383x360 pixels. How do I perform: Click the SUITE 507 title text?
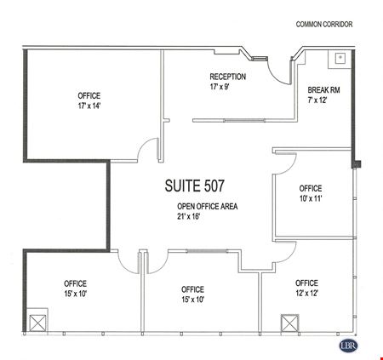(x=195, y=186)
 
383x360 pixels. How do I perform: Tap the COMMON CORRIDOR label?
(x=324, y=25)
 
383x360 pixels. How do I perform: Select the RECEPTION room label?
(x=228, y=77)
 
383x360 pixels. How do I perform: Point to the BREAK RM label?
(x=323, y=90)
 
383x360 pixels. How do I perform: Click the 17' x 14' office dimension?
(x=89, y=106)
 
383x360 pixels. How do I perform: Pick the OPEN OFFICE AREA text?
(x=208, y=206)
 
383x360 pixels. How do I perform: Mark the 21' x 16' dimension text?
(x=189, y=216)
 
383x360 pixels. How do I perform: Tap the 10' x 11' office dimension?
(x=311, y=198)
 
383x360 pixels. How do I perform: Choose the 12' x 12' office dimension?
(x=306, y=293)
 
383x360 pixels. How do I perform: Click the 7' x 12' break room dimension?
(x=317, y=100)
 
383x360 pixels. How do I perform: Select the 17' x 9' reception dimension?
(x=220, y=87)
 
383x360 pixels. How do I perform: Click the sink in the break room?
(x=340, y=58)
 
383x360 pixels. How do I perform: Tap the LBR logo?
(x=348, y=346)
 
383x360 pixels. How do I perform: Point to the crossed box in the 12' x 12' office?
(x=289, y=323)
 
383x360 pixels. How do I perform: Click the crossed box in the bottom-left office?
(x=37, y=323)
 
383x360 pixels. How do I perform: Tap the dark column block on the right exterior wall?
(x=357, y=164)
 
